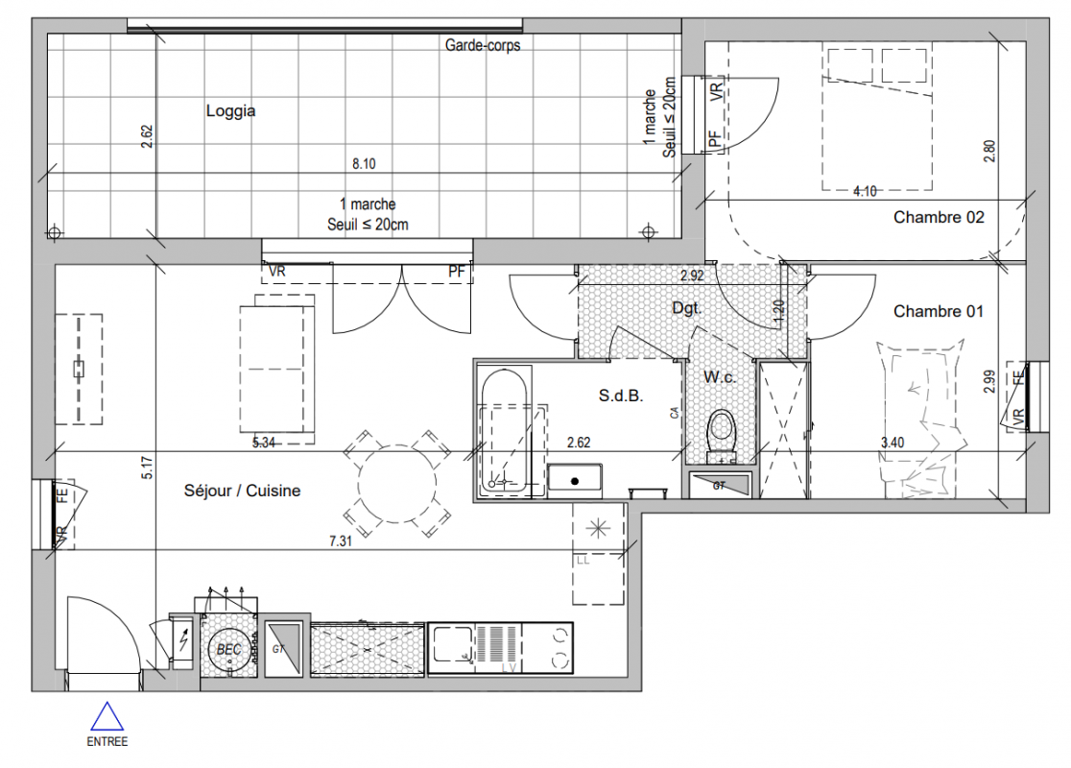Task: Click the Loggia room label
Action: [231, 110]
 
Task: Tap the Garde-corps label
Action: [483, 45]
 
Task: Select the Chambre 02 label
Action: [939, 217]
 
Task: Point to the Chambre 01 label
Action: [938, 312]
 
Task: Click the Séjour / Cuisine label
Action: [242, 491]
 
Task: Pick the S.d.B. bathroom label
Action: [621, 396]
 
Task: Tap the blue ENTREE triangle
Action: [107, 716]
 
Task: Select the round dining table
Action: [397, 484]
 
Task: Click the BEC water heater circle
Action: [228, 649]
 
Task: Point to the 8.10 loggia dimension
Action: [364, 164]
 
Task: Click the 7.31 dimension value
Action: [341, 541]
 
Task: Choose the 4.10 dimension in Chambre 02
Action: [865, 191]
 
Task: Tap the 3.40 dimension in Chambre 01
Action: [892, 443]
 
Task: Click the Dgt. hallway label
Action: [686, 308]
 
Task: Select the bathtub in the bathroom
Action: [505, 433]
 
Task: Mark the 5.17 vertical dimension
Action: [148, 468]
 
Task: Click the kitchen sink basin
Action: [451, 644]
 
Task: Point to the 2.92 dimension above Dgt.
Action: [692, 276]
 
